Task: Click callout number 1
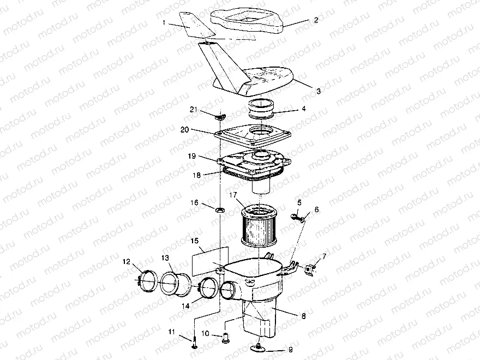[164, 23]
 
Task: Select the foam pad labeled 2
[247, 20]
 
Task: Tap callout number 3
[319, 91]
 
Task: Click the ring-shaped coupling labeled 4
[261, 110]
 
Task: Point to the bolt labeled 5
[295, 217]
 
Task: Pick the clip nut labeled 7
[309, 269]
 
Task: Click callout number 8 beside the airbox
[303, 316]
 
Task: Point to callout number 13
[165, 258]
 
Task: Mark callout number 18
[196, 175]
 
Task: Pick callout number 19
[192, 156]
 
